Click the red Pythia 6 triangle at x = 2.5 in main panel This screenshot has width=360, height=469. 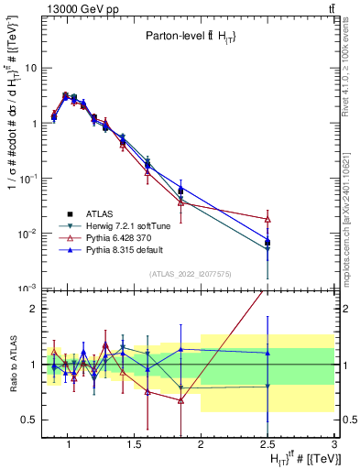tap(267, 219)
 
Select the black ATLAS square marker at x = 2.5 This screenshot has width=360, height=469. tap(267, 242)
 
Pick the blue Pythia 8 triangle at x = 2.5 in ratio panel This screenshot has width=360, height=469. tap(267, 353)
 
